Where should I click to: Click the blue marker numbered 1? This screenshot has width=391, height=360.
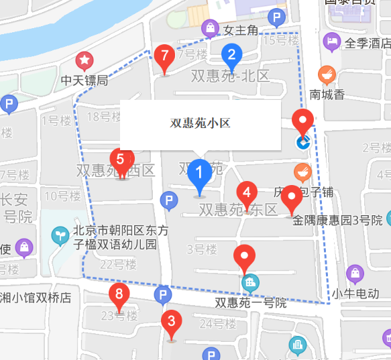tap(198, 174)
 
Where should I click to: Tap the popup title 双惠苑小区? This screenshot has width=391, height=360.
tap(200, 123)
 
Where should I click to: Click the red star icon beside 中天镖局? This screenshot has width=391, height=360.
tap(85, 62)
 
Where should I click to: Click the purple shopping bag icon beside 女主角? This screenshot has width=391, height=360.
tap(210, 29)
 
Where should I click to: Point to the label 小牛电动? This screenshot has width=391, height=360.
tap(355, 293)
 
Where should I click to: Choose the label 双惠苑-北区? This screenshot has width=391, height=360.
tap(230, 76)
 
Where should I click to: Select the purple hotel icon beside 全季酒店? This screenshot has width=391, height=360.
tap(331, 43)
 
